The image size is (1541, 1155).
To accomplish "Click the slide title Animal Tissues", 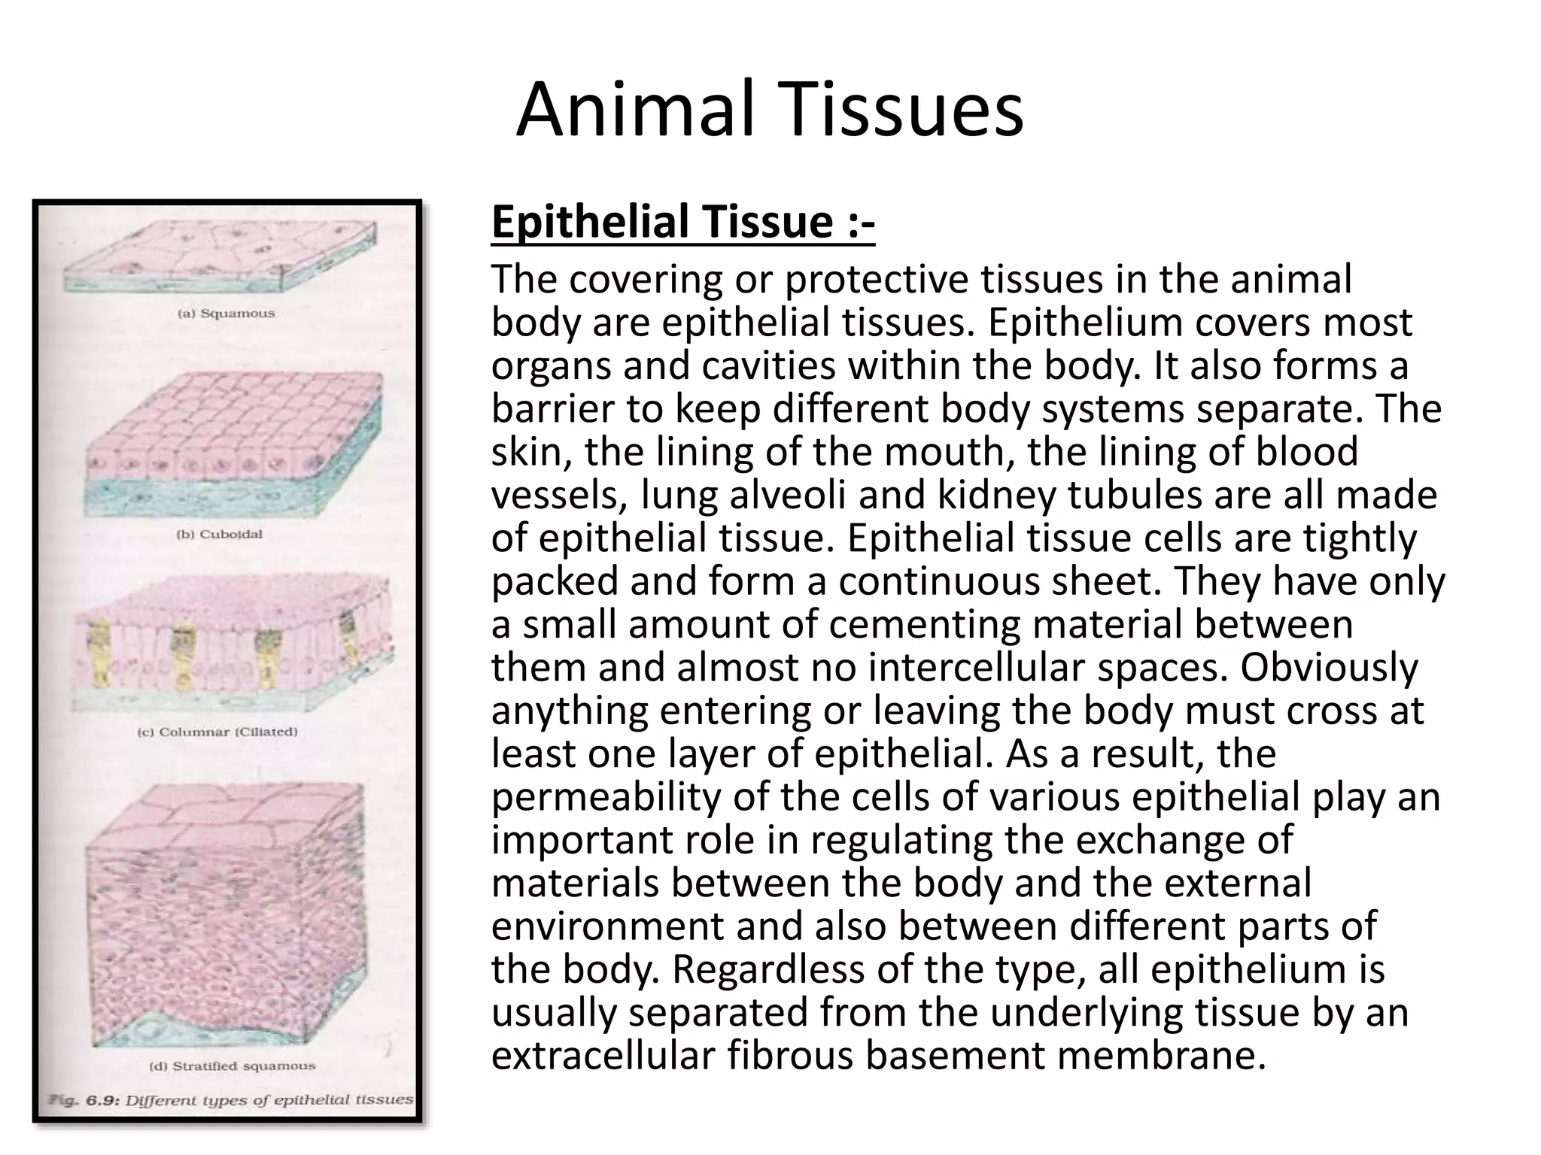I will [x=769, y=111].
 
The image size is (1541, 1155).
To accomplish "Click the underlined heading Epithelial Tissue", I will [x=682, y=223].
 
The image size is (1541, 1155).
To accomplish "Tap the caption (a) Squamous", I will [x=226, y=313].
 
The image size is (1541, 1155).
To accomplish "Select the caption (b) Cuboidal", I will [x=219, y=535].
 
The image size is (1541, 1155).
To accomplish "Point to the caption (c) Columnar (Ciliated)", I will [x=217, y=732].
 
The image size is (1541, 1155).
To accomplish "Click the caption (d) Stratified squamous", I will [x=233, y=1066].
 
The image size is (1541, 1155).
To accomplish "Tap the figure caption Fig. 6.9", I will [x=230, y=1100].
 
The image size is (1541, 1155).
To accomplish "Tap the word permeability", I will [x=605, y=797].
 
